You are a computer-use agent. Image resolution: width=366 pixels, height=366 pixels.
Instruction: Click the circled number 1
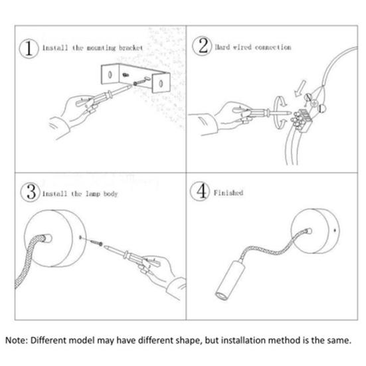(x=29, y=48)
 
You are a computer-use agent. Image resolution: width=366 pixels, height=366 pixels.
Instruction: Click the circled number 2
(x=202, y=46)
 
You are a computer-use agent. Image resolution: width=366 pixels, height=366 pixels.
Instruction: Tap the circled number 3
(x=31, y=192)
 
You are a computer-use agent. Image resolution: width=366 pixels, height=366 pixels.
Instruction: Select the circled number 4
(x=200, y=191)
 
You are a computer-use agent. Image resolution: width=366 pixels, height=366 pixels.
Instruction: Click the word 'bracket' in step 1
(x=131, y=48)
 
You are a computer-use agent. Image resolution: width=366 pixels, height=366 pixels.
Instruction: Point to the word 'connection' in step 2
(x=273, y=47)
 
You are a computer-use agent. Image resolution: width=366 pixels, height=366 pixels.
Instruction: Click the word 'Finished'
(x=229, y=193)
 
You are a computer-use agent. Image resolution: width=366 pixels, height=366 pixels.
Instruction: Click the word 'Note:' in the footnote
(x=17, y=340)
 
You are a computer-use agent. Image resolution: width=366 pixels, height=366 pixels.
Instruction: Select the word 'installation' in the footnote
(x=242, y=340)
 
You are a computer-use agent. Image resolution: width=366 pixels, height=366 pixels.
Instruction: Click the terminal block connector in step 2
(x=302, y=120)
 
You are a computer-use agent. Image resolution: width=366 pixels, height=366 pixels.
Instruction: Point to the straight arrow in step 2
(x=300, y=88)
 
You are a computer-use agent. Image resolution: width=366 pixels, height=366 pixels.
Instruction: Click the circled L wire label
(x=322, y=108)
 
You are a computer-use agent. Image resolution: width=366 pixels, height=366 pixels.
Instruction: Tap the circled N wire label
(x=308, y=97)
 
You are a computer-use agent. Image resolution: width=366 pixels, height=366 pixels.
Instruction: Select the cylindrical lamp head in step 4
(x=230, y=280)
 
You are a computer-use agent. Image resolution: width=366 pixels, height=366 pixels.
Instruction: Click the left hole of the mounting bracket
(x=110, y=74)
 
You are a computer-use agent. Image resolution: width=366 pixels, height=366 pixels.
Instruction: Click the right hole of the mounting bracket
(x=161, y=83)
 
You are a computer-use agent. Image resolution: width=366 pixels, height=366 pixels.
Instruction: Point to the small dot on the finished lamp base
(x=335, y=230)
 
